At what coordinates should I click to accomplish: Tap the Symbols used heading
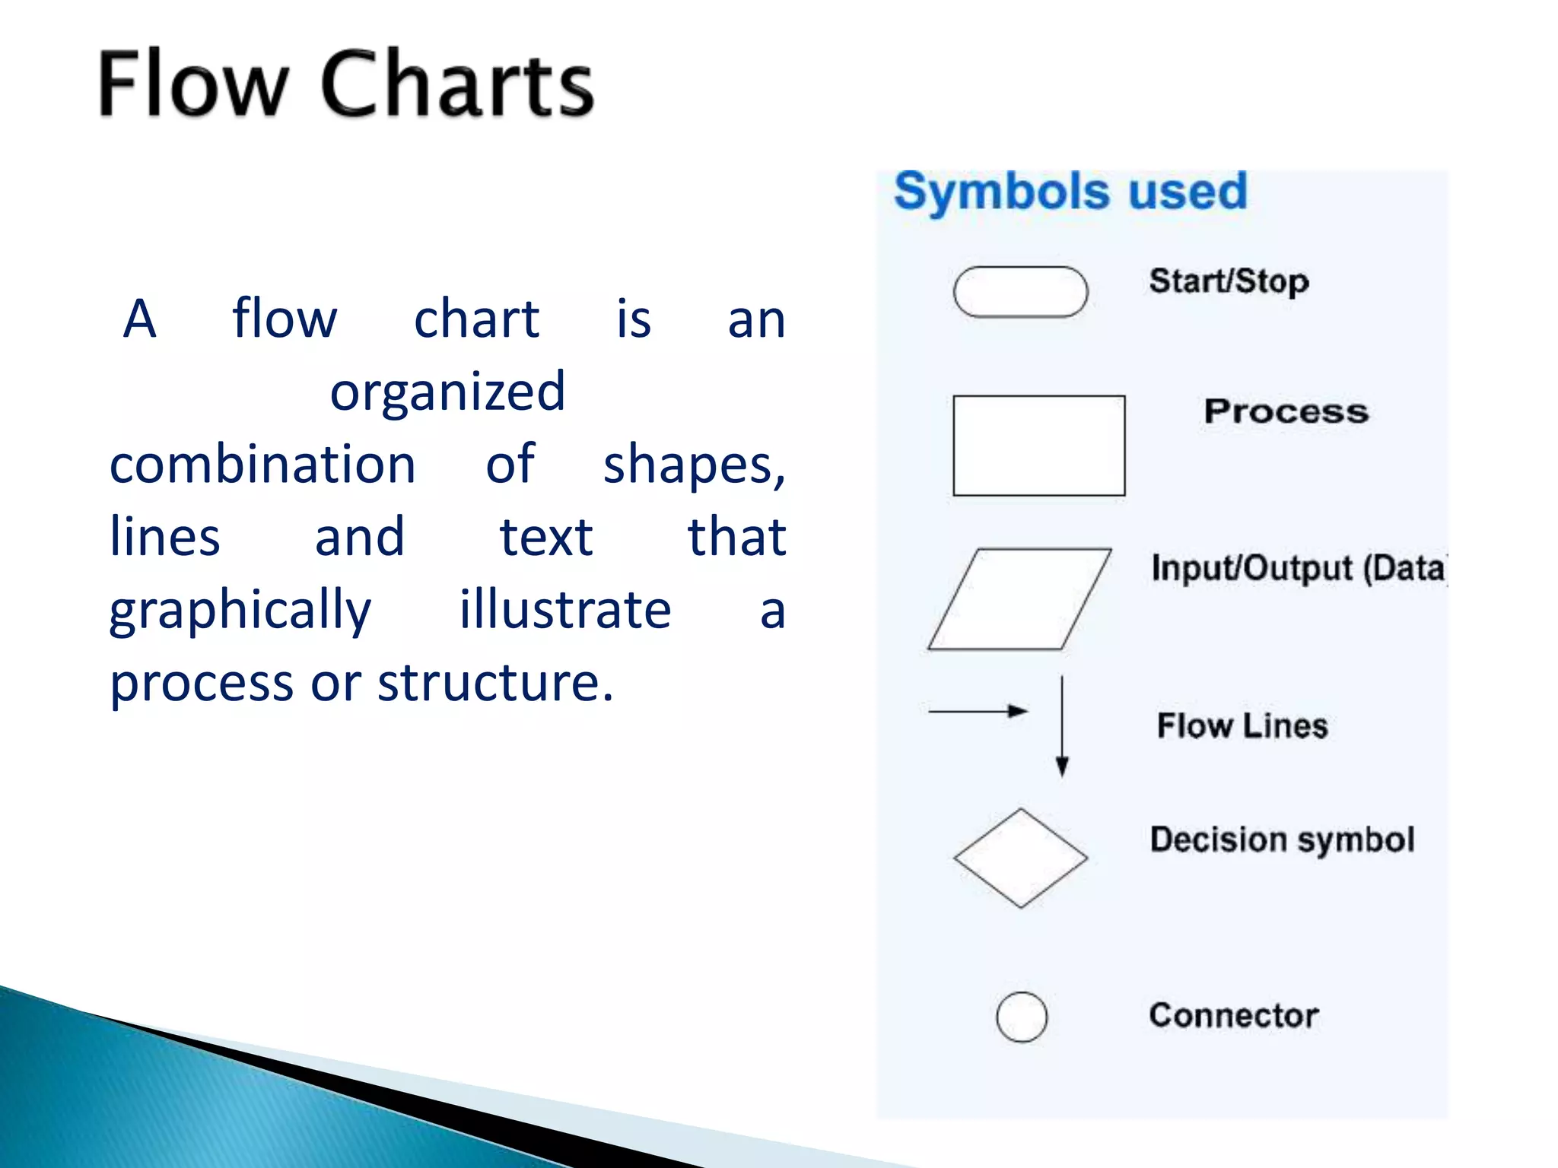click(1070, 191)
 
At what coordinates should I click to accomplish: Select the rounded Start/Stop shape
click(1020, 291)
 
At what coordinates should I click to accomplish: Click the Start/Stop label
click(1229, 281)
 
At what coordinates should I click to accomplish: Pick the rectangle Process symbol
click(1038, 446)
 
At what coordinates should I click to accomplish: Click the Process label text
click(1286, 411)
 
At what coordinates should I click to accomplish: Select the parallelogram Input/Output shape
click(1019, 599)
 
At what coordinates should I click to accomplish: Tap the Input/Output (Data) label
click(1297, 569)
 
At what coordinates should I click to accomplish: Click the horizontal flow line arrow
click(978, 711)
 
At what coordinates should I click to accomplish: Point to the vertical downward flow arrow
click(1062, 726)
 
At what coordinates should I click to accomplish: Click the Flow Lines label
click(1242, 725)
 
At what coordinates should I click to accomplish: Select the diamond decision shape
click(1020, 858)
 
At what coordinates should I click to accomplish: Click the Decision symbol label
click(1282, 840)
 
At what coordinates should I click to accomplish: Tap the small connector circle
click(1021, 1017)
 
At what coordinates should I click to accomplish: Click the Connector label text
click(1233, 1016)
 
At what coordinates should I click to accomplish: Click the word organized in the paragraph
click(447, 392)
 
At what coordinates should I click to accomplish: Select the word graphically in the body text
click(240, 611)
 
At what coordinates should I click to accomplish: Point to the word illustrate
click(564, 610)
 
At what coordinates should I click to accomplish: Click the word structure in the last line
click(494, 682)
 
